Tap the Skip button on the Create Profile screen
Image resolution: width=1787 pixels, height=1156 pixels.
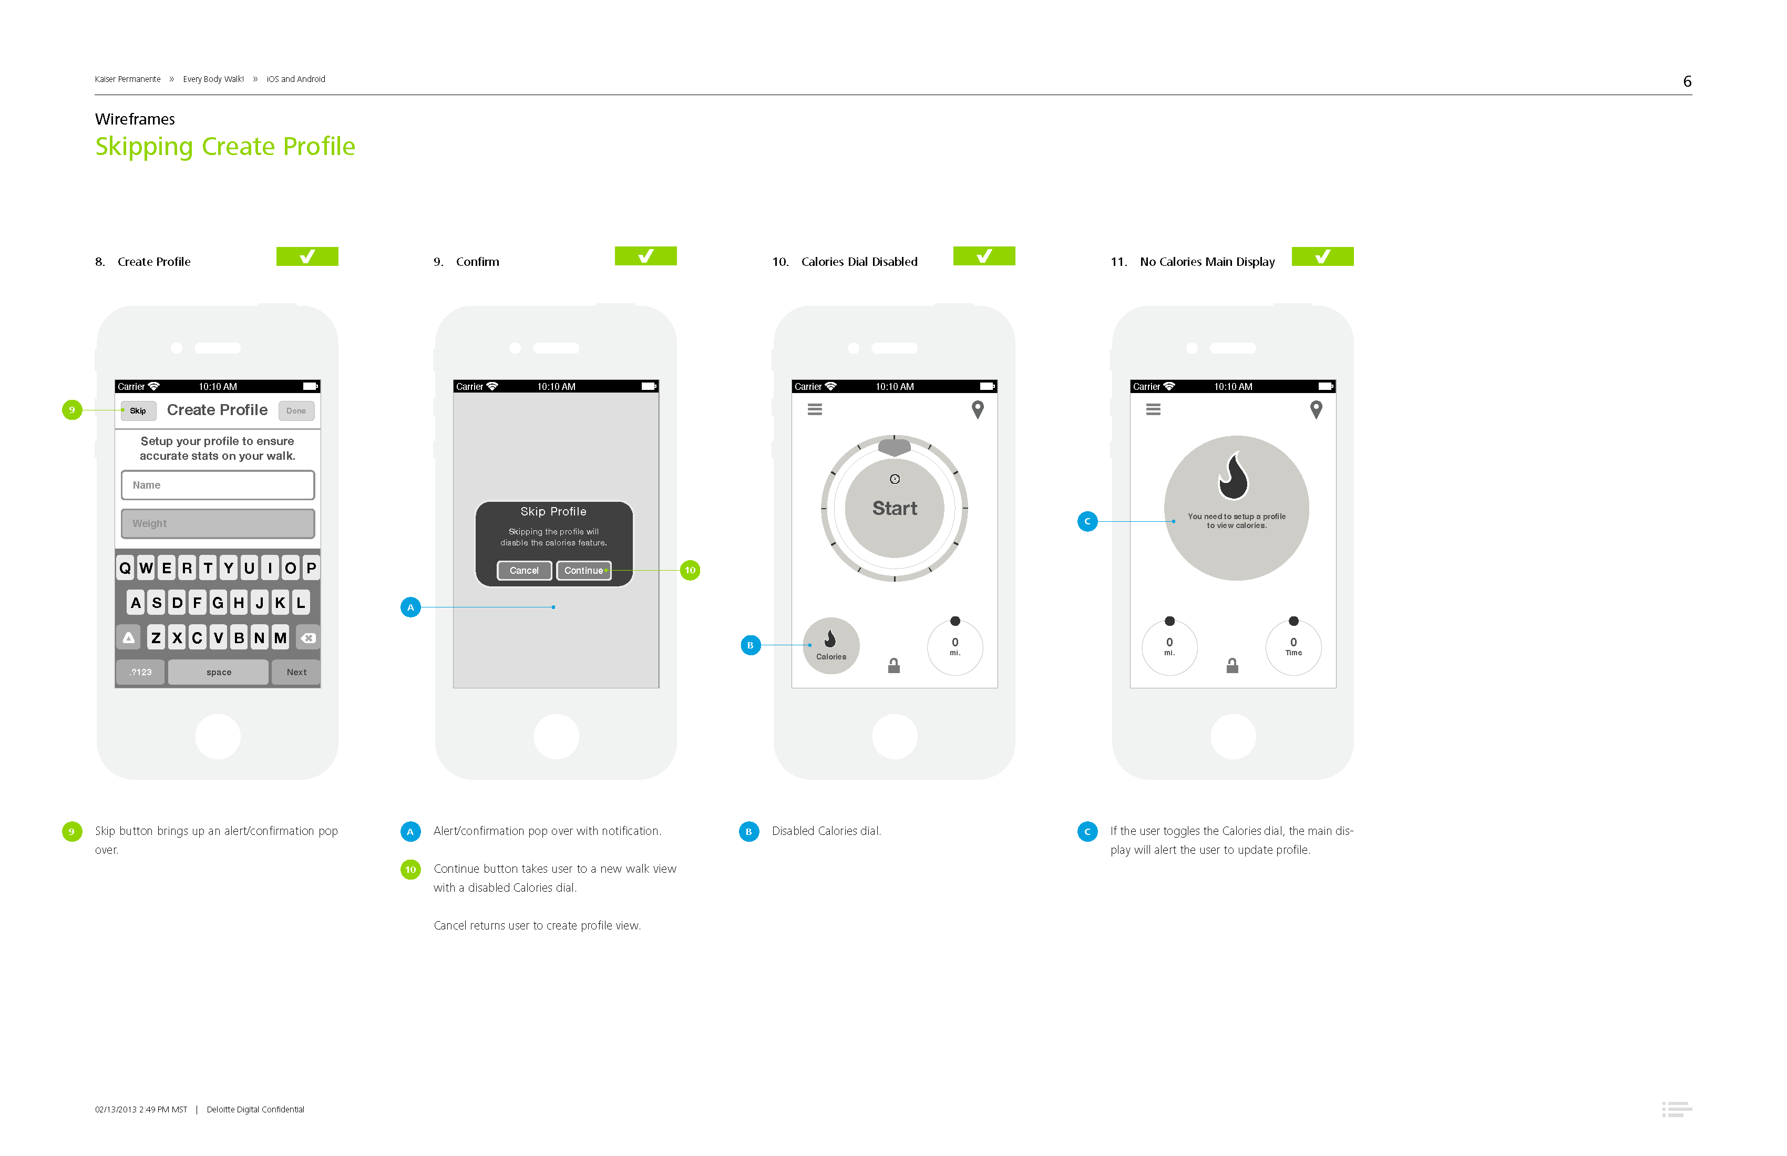coord(138,410)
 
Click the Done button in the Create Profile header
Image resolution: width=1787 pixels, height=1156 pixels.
coord(296,410)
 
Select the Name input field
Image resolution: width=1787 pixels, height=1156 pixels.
coord(218,485)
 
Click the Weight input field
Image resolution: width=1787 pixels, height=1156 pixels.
coord(218,523)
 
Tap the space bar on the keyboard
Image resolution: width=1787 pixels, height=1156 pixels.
coord(219,672)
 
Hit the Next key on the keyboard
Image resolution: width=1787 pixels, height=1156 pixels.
coord(296,672)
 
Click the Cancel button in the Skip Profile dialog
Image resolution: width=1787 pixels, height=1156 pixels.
coord(524,571)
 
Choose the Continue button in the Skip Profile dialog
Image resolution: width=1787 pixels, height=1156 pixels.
coord(583,571)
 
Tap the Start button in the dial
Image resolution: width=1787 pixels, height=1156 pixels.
coord(894,508)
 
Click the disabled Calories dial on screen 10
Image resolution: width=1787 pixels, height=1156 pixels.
coord(831,646)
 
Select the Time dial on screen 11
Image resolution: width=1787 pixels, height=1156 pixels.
coord(1293,646)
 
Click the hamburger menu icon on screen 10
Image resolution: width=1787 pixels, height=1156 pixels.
coord(815,410)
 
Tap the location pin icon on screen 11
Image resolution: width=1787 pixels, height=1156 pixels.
coord(1316,410)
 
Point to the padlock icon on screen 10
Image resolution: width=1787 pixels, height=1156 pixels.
coord(894,666)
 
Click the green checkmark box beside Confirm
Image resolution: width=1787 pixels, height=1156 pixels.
coord(646,256)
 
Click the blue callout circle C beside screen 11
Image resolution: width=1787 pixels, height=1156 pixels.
coord(1087,521)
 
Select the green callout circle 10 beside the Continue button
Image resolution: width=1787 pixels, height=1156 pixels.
coord(690,571)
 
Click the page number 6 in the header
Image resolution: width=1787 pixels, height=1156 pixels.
coord(1687,81)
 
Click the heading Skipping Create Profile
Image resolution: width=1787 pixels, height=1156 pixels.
coord(225,147)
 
